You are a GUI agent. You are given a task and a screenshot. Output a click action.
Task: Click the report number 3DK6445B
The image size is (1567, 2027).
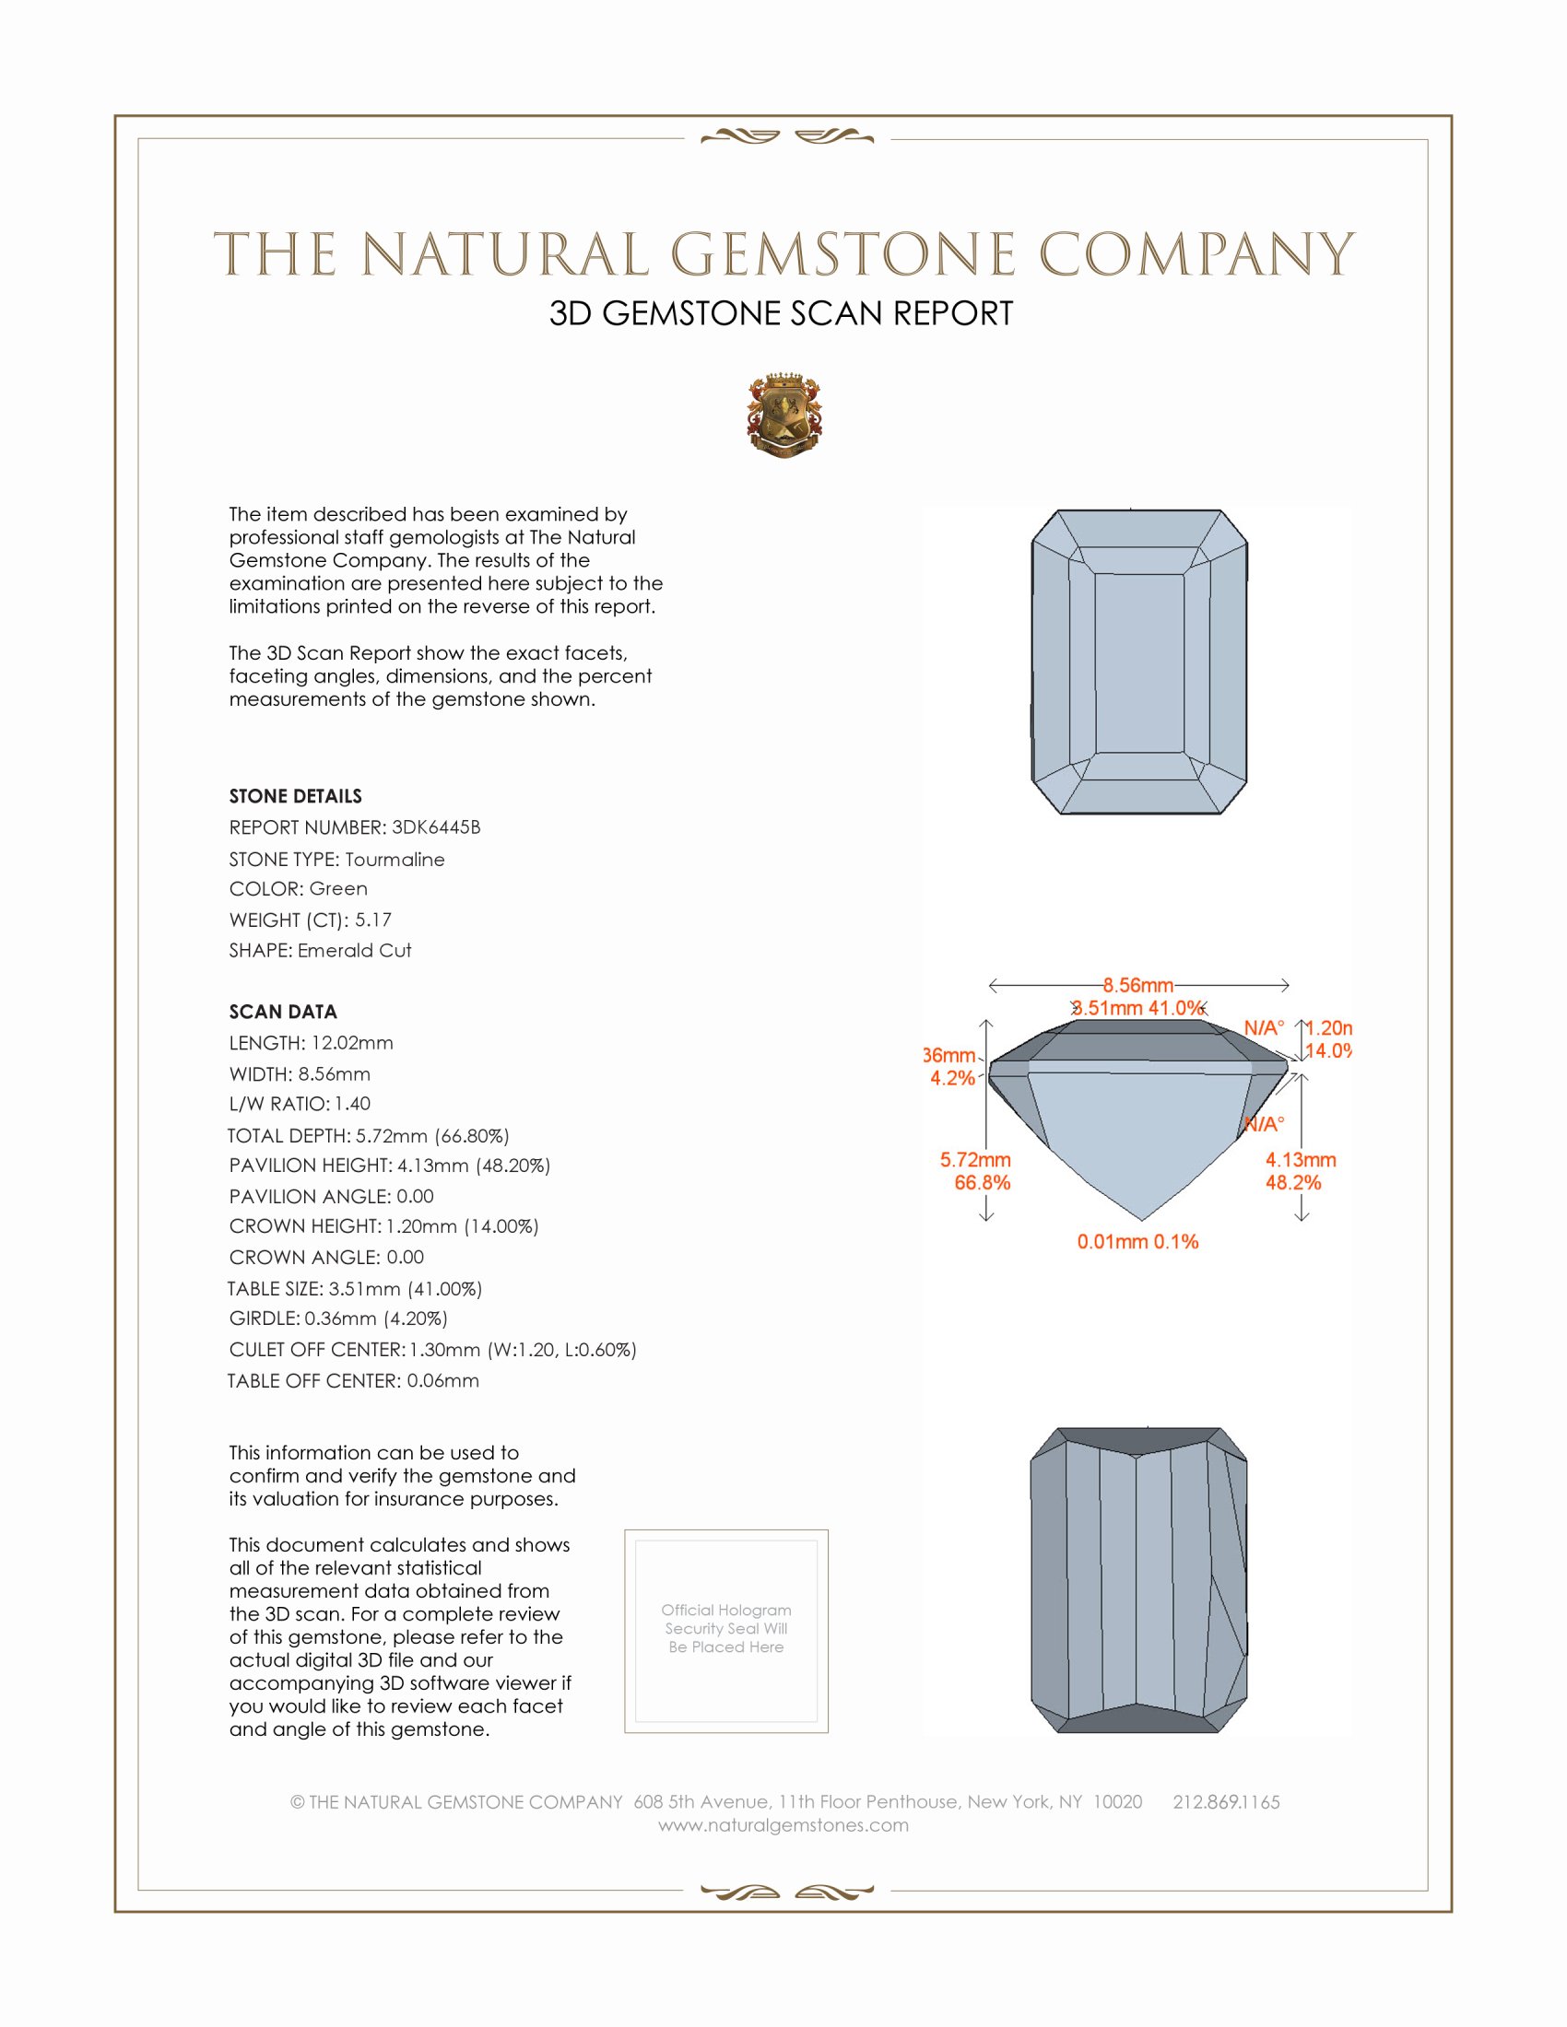pos(435,827)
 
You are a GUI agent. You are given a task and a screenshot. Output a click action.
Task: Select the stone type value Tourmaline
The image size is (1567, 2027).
pos(395,860)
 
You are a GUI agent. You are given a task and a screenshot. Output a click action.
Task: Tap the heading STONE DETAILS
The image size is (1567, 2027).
pos(295,796)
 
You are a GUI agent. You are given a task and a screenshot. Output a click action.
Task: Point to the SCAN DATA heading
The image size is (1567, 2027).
pos(283,1012)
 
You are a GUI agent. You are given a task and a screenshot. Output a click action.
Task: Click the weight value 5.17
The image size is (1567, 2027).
pos(373,920)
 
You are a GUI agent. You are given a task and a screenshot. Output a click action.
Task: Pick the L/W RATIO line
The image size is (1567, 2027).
pos(300,1104)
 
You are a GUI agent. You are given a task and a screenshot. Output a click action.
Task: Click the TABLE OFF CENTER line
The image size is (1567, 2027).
pos(354,1380)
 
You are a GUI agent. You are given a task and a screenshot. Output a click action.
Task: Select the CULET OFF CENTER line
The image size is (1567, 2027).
pos(432,1350)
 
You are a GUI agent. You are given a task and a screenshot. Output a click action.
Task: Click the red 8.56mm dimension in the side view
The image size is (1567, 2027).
pos(1138,985)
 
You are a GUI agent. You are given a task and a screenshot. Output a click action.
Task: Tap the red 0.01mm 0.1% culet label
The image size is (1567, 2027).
pos(1137,1242)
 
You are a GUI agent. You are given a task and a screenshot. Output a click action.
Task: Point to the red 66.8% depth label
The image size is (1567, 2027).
pos(983,1182)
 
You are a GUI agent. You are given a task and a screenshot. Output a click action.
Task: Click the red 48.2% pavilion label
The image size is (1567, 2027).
pos(1293,1182)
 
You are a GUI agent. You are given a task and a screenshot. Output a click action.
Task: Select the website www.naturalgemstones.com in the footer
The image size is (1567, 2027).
pos(783,1825)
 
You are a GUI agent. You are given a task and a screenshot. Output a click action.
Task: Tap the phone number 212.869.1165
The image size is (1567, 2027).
pos(1226,1801)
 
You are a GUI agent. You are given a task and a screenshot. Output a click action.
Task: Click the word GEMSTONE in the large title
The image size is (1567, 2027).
pos(842,255)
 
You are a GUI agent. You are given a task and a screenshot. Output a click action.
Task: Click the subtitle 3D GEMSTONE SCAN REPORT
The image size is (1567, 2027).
pos(781,313)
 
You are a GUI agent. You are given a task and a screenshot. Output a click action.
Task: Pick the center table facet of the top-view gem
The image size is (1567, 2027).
pos(1139,662)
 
